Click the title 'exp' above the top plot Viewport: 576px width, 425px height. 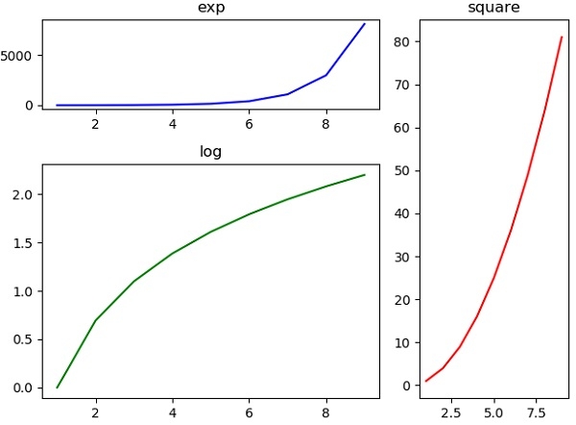click(211, 8)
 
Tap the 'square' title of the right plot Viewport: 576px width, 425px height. click(493, 8)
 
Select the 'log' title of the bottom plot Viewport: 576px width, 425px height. click(211, 151)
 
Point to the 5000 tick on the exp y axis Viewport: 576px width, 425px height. click(21, 56)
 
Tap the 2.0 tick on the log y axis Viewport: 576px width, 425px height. click(23, 194)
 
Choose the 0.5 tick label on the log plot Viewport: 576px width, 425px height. click(23, 339)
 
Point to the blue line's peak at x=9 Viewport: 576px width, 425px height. click(365, 24)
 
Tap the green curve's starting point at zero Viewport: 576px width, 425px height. click(58, 387)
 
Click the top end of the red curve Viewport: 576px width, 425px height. click(562, 37)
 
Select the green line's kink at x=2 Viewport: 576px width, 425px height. click(96, 320)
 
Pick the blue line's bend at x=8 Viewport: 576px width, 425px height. click(326, 75)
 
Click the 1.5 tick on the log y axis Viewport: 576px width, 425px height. click(23, 242)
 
